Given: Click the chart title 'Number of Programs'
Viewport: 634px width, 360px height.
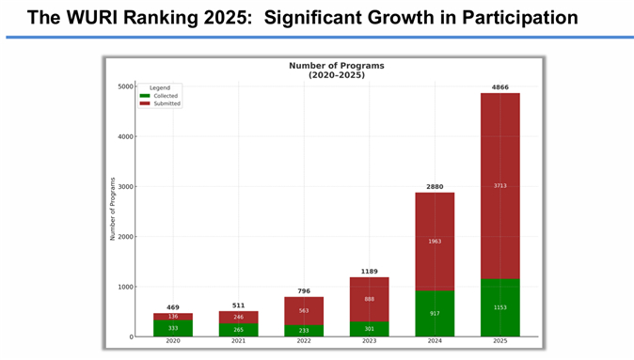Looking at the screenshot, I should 336,66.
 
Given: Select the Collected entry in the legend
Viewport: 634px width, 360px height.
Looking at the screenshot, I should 165,96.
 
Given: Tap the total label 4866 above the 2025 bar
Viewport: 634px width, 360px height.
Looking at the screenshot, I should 499,86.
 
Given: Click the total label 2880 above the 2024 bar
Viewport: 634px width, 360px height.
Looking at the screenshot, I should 435,187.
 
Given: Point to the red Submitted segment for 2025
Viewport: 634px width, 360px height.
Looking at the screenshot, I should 499,185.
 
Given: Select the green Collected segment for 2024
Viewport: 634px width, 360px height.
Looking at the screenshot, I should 435,313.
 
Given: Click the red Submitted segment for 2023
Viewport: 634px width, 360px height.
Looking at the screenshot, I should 370,299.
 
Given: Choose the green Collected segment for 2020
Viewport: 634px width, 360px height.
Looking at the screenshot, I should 173,327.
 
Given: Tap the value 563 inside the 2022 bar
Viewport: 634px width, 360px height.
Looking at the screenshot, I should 304,310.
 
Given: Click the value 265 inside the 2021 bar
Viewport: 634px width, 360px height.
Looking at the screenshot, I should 239,329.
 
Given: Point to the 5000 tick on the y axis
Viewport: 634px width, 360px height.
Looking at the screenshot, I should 124,86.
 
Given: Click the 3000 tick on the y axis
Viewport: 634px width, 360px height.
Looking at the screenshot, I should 124,187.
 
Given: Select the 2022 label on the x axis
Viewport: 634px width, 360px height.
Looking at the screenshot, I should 304,343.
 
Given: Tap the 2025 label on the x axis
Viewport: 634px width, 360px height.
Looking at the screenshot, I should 499,343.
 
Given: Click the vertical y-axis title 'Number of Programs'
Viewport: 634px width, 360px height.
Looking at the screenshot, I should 113,209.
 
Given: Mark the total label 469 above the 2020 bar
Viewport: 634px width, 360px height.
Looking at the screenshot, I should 173,307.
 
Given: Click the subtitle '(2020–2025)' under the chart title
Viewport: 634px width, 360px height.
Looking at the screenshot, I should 336,74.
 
